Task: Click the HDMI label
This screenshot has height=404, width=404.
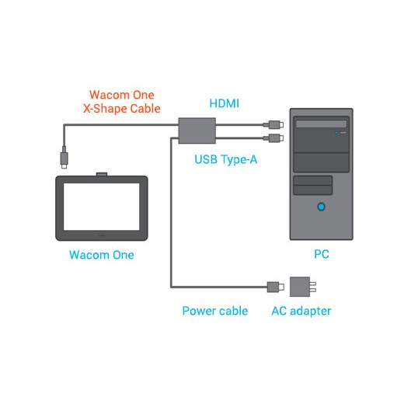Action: pyautogui.click(x=224, y=103)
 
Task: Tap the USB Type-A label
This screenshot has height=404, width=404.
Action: pyautogui.click(x=226, y=159)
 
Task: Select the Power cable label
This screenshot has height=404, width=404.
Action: pyautogui.click(x=215, y=311)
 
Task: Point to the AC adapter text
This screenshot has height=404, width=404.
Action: pyautogui.click(x=301, y=311)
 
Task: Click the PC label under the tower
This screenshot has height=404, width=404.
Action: pyautogui.click(x=322, y=254)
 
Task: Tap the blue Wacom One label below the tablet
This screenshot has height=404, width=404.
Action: pyautogui.click(x=102, y=255)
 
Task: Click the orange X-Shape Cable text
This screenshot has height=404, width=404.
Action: pyautogui.click(x=122, y=109)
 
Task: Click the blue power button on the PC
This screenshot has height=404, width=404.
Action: pyautogui.click(x=322, y=207)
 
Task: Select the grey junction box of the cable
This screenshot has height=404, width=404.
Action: pyautogui.click(x=197, y=131)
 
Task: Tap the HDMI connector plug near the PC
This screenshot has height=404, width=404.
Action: pyautogui.click(x=273, y=125)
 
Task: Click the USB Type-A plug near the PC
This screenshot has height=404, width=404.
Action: pyautogui.click(x=273, y=138)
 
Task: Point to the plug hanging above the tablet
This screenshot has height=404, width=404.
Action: pyautogui.click(x=64, y=158)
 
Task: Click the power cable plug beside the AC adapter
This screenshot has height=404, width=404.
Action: pyautogui.click(x=276, y=287)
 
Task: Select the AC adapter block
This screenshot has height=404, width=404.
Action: pyautogui.click(x=300, y=287)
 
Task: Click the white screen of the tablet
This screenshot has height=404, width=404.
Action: pyautogui.click(x=102, y=207)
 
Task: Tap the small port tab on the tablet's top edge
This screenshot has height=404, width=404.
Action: pyautogui.click(x=102, y=174)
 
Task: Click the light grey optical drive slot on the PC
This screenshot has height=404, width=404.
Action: pyautogui.click(x=322, y=124)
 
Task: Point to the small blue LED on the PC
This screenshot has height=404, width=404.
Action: pyautogui.click(x=336, y=133)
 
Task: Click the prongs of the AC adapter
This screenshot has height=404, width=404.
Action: pyautogui.click(x=313, y=287)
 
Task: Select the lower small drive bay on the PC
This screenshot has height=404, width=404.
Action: pyautogui.click(x=313, y=190)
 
